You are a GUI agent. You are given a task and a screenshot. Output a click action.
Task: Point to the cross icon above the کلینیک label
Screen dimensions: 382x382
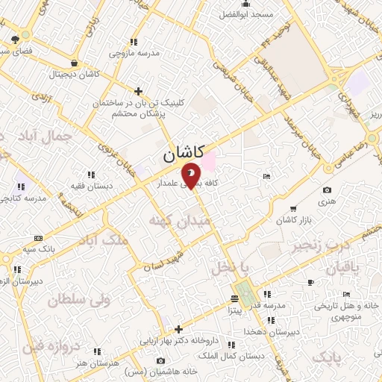click(x=138, y=91)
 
